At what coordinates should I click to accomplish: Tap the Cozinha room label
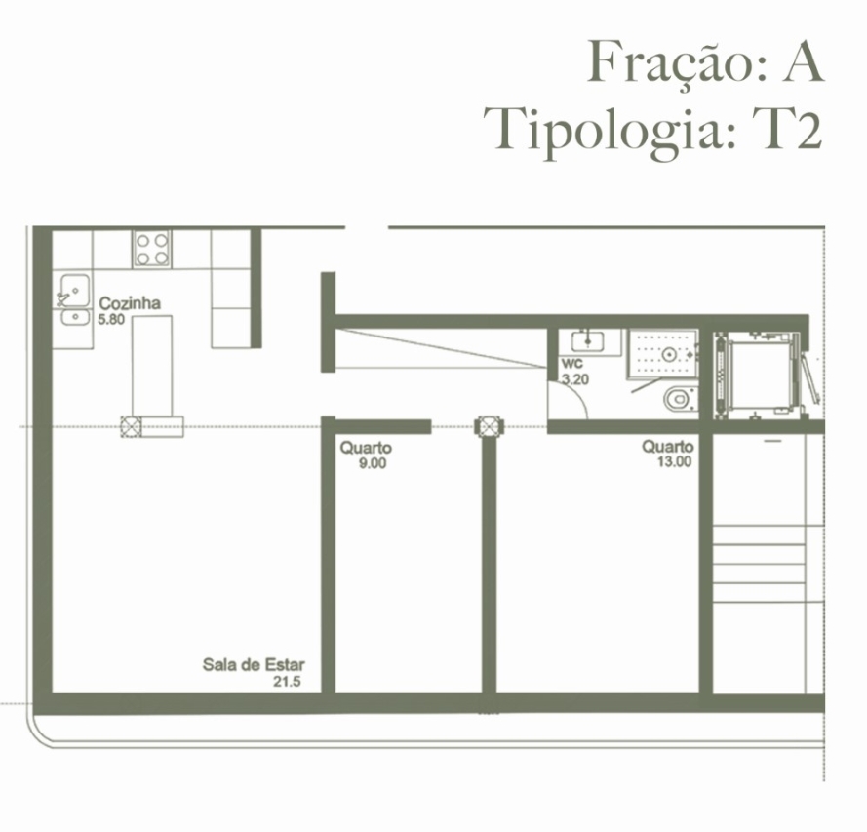tap(130, 303)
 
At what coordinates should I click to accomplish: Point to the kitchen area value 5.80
tap(111, 319)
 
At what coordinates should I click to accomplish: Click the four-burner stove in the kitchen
tap(151, 248)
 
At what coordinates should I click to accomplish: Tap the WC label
tap(571, 364)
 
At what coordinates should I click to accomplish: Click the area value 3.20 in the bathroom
tap(574, 379)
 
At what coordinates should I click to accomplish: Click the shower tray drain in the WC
tap(670, 354)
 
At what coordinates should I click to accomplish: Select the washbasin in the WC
tap(588, 341)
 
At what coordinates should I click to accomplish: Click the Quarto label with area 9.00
tap(366, 448)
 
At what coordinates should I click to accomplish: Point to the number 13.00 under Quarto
tap(673, 462)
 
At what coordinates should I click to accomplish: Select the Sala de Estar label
tap(253, 665)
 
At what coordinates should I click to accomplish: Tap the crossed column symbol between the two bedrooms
tap(488, 426)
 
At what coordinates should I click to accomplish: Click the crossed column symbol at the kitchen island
tap(131, 424)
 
